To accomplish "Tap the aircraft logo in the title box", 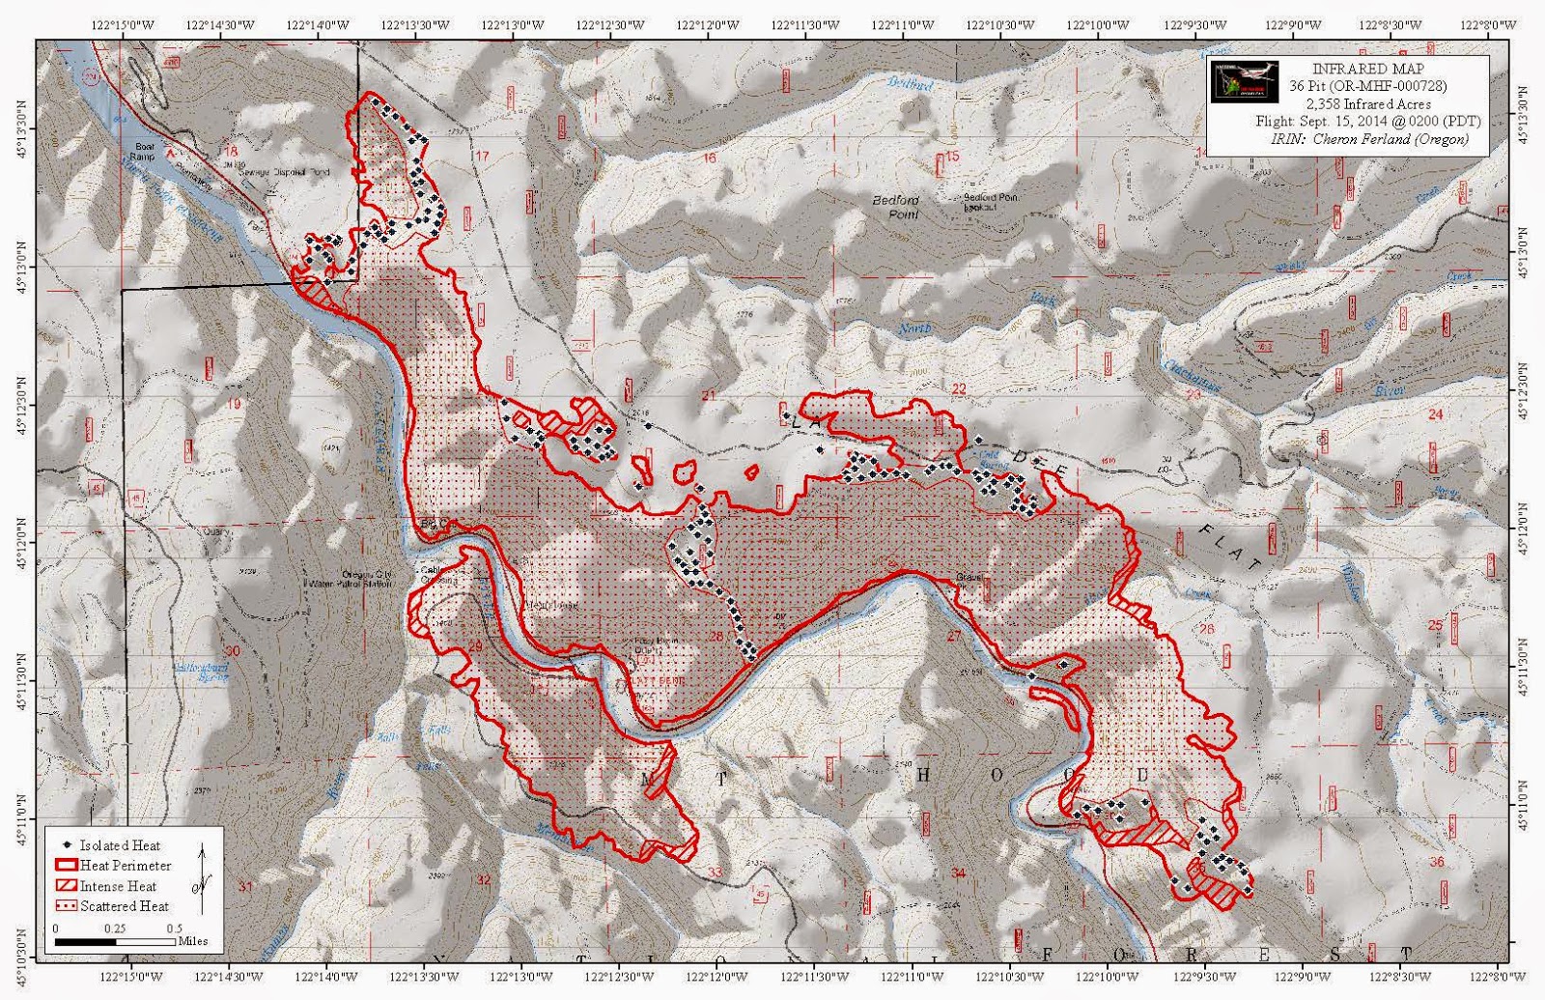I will [1244, 83].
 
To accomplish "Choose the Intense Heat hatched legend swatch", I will [66, 886].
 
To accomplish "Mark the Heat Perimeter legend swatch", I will [66, 866].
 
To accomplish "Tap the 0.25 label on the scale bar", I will [115, 928].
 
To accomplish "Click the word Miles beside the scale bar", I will [193, 940].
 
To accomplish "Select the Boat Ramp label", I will [142, 152].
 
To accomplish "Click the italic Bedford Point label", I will [896, 207].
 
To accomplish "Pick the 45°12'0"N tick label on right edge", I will [1525, 529].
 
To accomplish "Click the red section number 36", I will [1437, 862].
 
